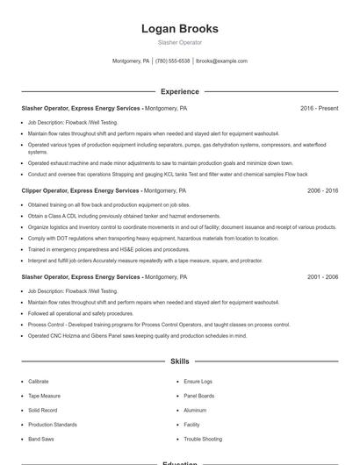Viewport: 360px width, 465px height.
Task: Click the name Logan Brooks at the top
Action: point(179,29)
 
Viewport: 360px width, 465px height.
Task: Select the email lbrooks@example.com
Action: point(221,61)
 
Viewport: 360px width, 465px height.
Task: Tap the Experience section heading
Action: point(179,91)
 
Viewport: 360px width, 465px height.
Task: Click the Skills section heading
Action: point(179,361)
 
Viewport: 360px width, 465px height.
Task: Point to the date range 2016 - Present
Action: point(319,108)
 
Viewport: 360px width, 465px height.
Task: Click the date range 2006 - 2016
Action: point(322,190)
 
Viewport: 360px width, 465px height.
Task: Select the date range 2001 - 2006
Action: point(322,276)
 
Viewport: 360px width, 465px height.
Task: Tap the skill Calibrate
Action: point(39,382)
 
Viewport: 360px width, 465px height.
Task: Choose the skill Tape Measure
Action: point(43,396)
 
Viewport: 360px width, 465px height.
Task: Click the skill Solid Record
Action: point(42,410)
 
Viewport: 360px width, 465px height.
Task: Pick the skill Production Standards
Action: point(52,424)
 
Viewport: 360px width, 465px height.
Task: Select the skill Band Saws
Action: point(40,438)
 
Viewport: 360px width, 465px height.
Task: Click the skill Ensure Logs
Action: point(198,382)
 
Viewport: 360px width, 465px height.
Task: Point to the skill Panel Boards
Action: point(198,396)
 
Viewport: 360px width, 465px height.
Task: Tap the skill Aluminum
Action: point(195,410)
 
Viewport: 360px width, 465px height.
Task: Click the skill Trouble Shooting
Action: point(203,438)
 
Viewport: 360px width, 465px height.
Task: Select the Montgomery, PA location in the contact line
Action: point(132,61)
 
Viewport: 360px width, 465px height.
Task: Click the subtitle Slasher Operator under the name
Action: point(179,42)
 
